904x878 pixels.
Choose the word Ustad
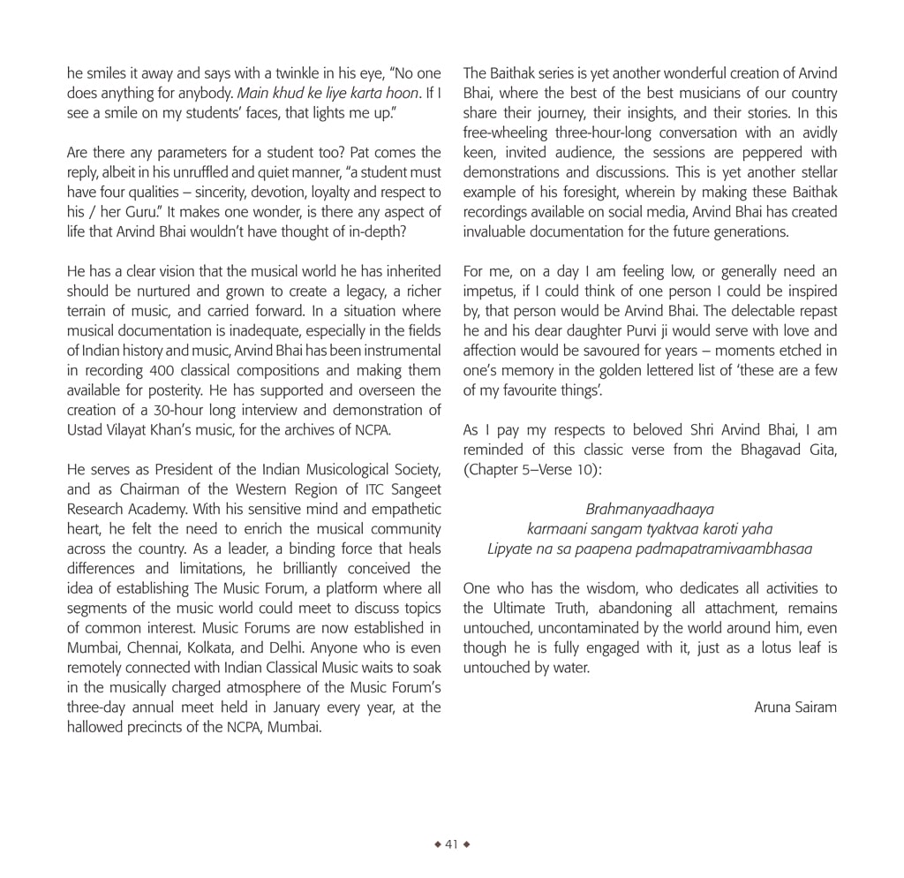click(x=87, y=430)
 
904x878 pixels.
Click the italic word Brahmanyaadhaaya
click(x=650, y=510)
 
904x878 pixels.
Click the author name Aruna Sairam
click(x=795, y=708)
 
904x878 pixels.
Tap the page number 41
click(x=451, y=844)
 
